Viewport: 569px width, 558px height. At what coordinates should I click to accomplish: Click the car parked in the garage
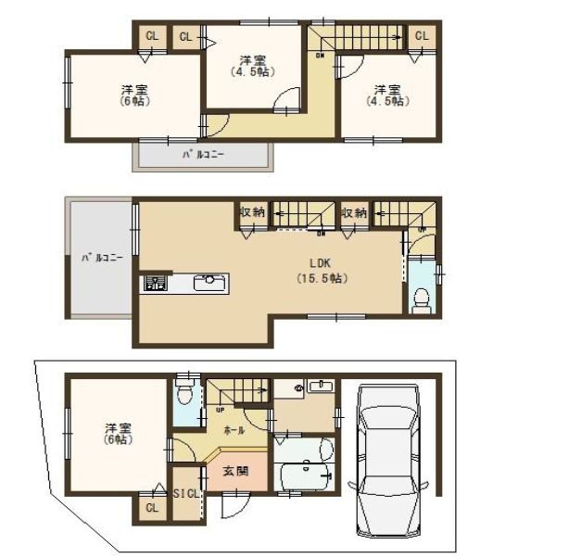point(388,462)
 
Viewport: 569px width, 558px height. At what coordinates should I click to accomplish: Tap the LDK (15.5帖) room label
point(322,270)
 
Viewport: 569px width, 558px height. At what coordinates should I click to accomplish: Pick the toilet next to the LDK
point(422,298)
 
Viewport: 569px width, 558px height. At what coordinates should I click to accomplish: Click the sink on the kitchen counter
point(209,280)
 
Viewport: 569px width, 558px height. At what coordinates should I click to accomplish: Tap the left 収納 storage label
point(252,212)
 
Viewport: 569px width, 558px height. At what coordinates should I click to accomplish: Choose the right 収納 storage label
point(353,212)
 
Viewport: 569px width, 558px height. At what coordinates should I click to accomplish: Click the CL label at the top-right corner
point(421,35)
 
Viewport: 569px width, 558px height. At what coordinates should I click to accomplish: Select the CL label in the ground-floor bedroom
point(150,507)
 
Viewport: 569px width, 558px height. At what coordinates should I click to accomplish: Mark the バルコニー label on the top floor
point(203,155)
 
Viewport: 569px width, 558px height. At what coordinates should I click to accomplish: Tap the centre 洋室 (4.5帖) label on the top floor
point(253,65)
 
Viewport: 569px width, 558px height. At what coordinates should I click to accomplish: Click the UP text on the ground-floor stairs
point(219,409)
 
